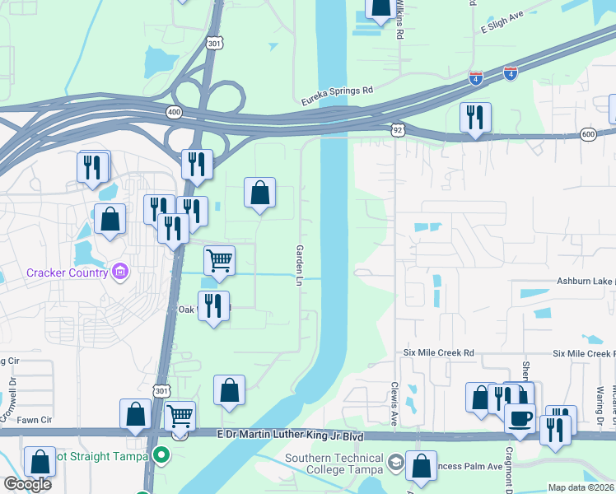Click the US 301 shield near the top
click(x=214, y=43)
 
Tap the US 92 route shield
click(x=398, y=129)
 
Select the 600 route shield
click(x=587, y=134)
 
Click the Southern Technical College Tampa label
click(x=334, y=464)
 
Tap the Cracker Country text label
click(x=68, y=273)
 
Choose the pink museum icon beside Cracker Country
click(x=120, y=271)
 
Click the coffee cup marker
click(x=519, y=418)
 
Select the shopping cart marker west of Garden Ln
click(x=219, y=261)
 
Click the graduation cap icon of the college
click(x=397, y=461)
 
